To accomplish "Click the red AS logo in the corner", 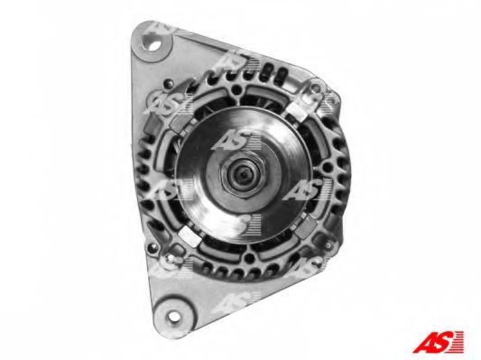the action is (438, 341).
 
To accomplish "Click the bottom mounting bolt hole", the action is (173, 316).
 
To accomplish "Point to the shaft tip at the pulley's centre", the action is (243, 175).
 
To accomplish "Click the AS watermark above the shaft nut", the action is (236, 140).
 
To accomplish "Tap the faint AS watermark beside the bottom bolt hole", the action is (236, 301).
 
